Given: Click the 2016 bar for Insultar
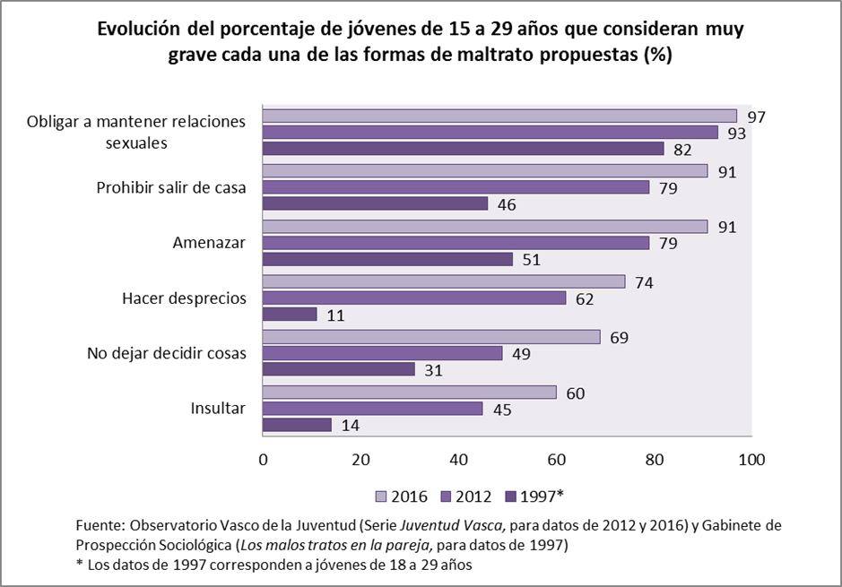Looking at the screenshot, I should (409, 393).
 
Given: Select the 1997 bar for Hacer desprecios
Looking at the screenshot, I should (290, 315).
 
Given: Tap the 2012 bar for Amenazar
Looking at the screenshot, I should (456, 243).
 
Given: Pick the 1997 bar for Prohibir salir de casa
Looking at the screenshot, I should (375, 203).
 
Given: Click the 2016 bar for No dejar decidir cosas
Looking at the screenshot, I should (431, 337).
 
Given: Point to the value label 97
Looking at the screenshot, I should (757, 117).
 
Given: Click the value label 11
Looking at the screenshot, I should (336, 315).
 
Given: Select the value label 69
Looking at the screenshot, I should (620, 338).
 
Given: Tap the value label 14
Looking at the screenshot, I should (351, 425).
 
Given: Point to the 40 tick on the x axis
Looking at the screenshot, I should (458, 460).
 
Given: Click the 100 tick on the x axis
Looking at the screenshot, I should (751, 460).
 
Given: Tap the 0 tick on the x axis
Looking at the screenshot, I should (263, 460).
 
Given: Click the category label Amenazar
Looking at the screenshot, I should (208, 243).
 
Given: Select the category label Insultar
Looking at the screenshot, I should (218, 408).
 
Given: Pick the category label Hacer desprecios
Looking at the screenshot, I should (184, 298).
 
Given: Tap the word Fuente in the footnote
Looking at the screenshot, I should (100, 524).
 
